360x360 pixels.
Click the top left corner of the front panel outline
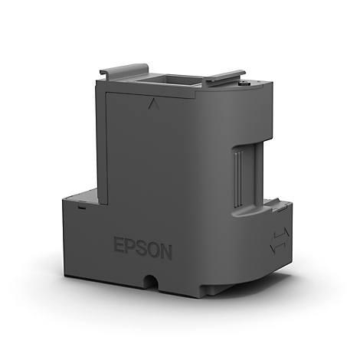106,92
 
